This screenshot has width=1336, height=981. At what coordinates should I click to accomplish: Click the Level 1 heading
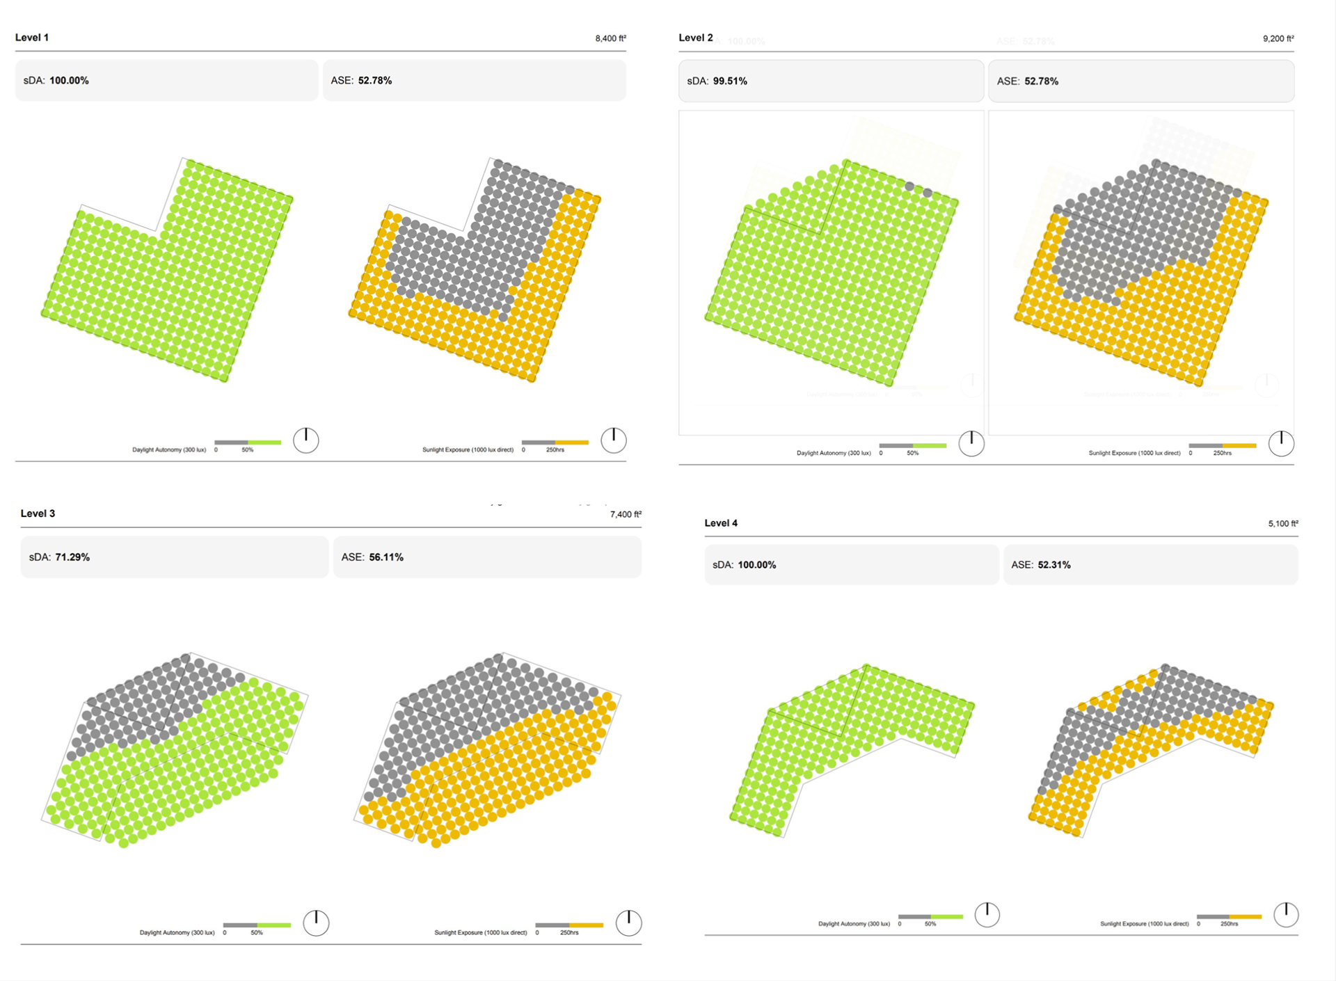[x=32, y=38]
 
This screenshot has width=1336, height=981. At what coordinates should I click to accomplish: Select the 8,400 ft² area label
[x=610, y=38]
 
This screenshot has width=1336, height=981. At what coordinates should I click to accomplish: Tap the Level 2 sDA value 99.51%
[x=730, y=81]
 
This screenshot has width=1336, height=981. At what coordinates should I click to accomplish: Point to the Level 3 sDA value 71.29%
[x=72, y=557]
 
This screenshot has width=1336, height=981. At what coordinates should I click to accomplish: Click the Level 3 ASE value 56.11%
[x=386, y=557]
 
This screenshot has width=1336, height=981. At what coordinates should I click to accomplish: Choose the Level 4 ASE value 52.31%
[x=1054, y=565]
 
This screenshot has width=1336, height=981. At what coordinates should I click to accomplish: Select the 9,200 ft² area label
[x=1278, y=38]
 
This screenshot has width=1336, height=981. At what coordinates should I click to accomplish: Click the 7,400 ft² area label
[x=626, y=514]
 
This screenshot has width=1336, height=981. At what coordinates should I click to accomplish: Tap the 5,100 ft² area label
[x=1282, y=523]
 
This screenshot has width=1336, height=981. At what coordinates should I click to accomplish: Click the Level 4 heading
[x=721, y=523]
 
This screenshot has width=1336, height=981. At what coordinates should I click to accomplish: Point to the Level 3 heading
[x=38, y=513]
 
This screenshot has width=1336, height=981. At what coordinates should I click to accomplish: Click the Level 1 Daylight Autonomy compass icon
[x=306, y=440]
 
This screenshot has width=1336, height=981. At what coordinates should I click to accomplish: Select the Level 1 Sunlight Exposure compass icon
[x=614, y=440]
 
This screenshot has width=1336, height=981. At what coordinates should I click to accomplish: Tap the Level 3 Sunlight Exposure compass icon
[x=629, y=923]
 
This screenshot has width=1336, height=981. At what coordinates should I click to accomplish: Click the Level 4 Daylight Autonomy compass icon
[x=987, y=915]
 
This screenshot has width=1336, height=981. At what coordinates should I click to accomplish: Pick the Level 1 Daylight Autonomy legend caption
[x=169, y=450]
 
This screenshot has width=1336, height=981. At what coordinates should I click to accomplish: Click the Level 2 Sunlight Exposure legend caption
[x=1134, y=453]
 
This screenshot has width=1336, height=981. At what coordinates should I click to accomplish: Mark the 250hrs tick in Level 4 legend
[x=1229, y=924]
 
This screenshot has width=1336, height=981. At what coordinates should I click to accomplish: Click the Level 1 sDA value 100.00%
[x=69, y=81]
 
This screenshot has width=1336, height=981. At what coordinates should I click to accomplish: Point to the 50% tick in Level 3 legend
[x=257, y=932]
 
